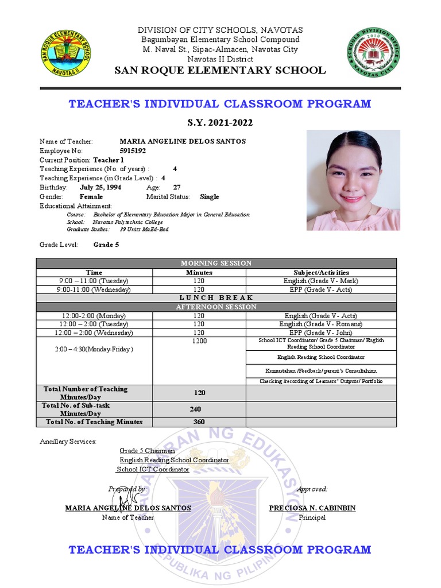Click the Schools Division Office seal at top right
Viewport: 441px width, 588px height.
(x=373, y=53)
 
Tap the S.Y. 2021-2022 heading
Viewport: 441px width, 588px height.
(x=220, y=123)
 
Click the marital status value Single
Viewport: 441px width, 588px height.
(x=210, y=196)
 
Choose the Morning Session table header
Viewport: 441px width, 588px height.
(x=216, y=263)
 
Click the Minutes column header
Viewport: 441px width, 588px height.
(x=199, y=272)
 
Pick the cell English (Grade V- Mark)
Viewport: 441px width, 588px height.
(x=321, y=281)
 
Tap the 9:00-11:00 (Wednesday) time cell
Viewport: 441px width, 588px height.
(x=94, y=289)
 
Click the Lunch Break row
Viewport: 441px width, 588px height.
(x=216, y=298)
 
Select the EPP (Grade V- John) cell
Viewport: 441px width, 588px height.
(x=321, y=332)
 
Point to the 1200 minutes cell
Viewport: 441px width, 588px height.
(x=199, y=341)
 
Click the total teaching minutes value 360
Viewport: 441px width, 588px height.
(x=199, y=422)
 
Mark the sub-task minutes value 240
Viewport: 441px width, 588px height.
(x=199, y=409)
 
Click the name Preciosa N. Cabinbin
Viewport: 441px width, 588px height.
(x=312, y=508)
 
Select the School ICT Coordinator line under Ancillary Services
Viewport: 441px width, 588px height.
(x=153, y=469)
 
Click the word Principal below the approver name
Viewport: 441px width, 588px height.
(x=312, y=517)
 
